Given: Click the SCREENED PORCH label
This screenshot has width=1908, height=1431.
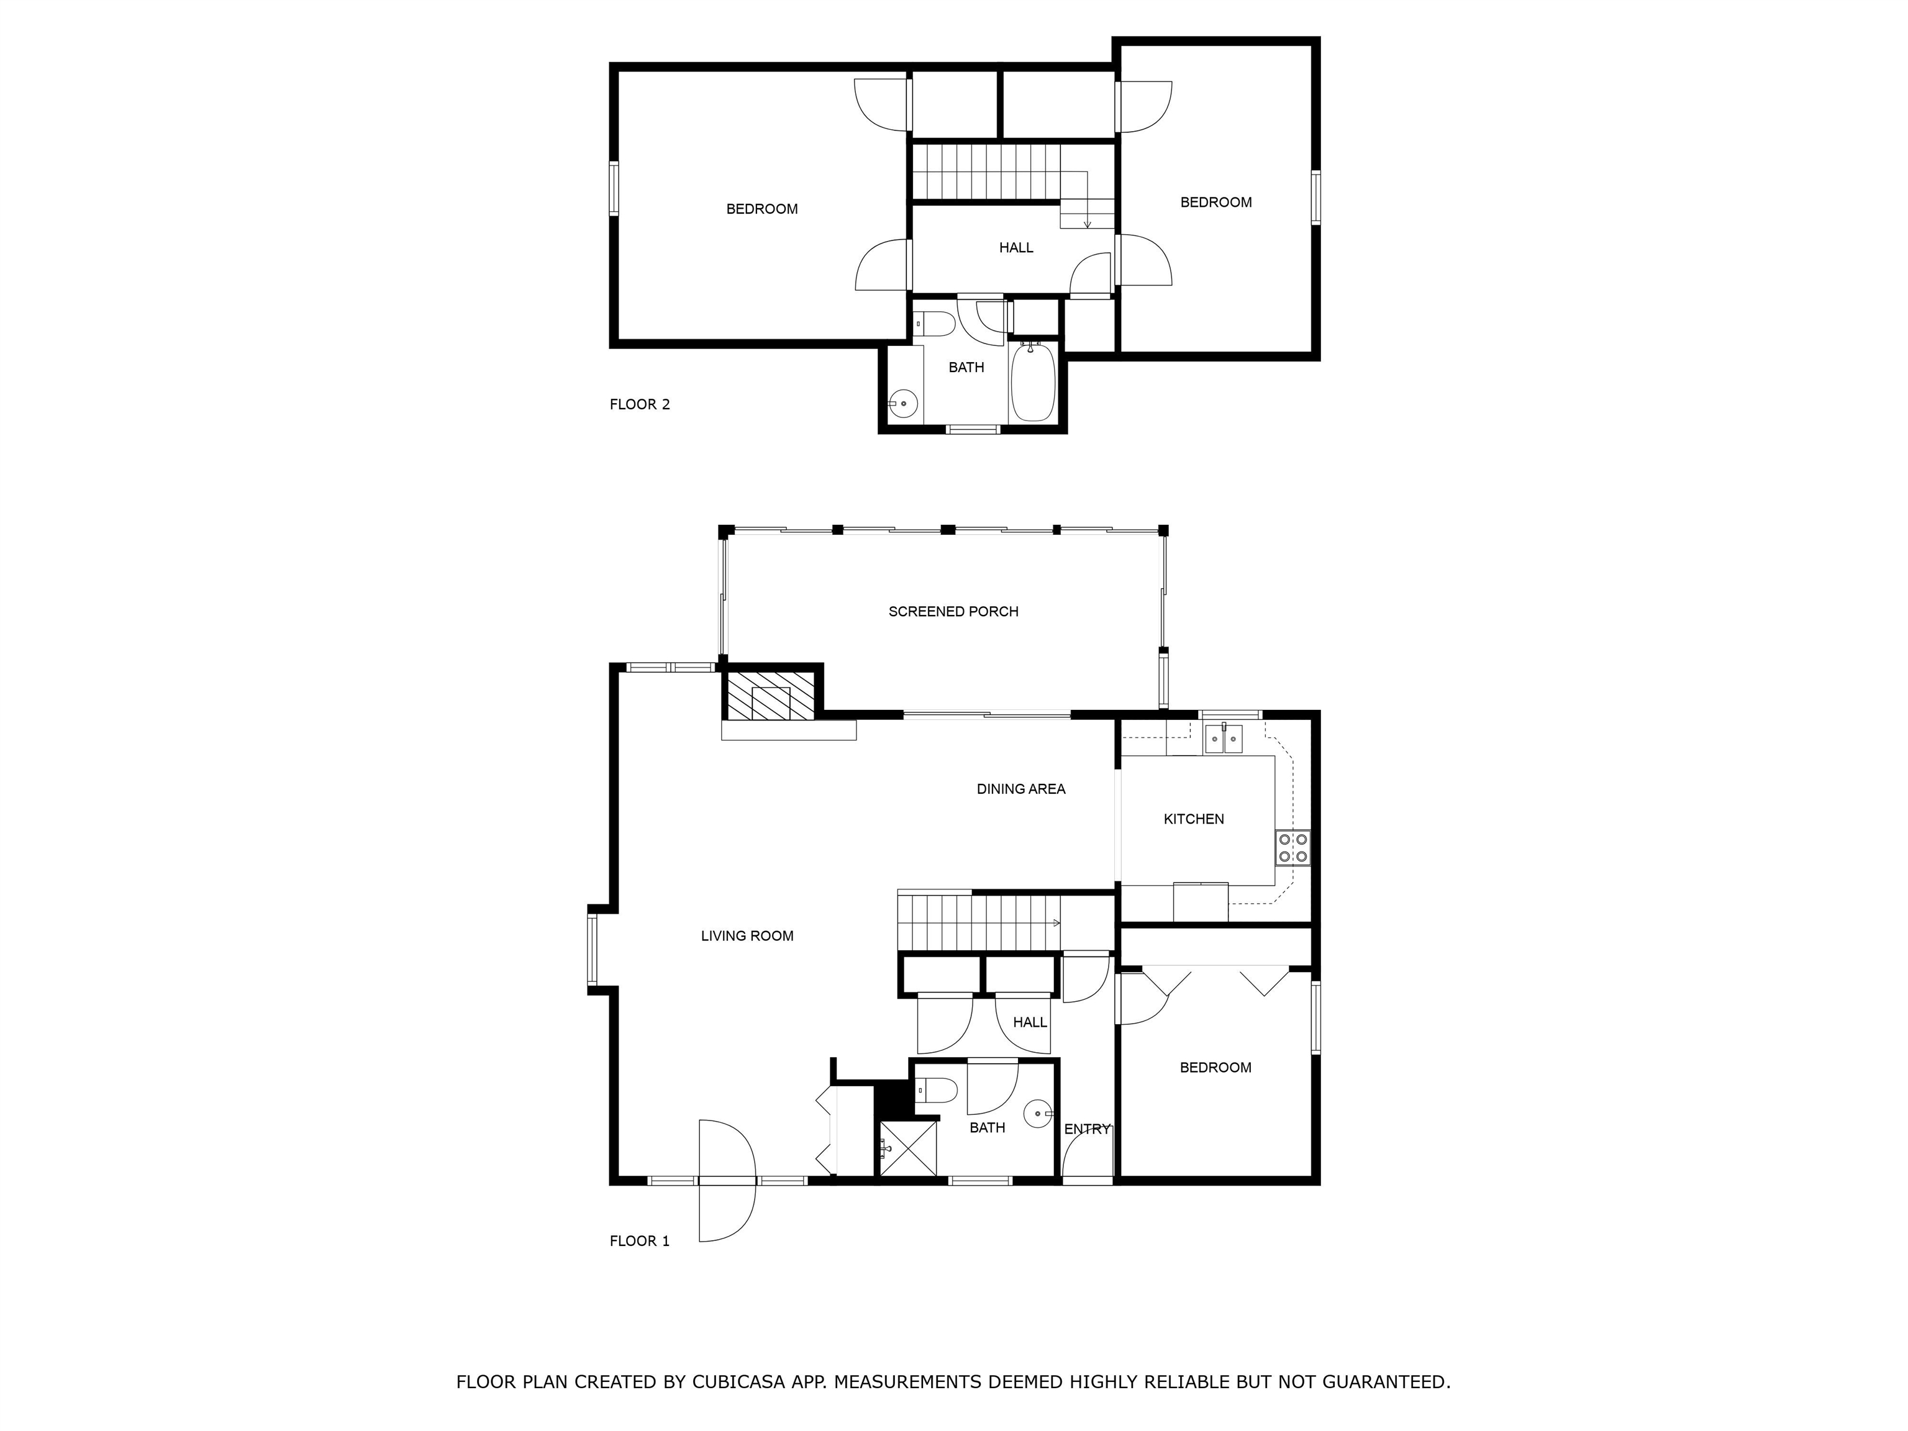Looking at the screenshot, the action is tap(953, 612).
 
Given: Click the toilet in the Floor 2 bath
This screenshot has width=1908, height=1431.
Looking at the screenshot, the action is tap(935, 324).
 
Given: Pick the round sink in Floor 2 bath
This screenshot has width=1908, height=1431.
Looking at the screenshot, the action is tap(903, 404).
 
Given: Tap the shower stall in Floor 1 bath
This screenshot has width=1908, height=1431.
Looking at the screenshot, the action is tap(907, 1147).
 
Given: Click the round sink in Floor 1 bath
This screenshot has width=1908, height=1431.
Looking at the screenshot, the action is tap(1038, 1114).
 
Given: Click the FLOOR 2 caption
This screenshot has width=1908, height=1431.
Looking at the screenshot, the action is tap(640, 404).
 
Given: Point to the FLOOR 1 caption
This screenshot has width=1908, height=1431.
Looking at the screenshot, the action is tap(640, 1241).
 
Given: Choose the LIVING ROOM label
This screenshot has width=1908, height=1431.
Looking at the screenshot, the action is tap(747, 936).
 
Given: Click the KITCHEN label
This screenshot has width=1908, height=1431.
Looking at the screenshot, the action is tap(1194, 819).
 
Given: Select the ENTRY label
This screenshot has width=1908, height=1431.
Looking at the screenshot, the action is tap(1087, 1129).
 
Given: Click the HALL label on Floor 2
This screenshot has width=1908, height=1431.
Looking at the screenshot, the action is tap(1016, 248).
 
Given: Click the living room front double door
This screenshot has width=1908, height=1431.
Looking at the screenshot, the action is tap(727, 1180).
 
